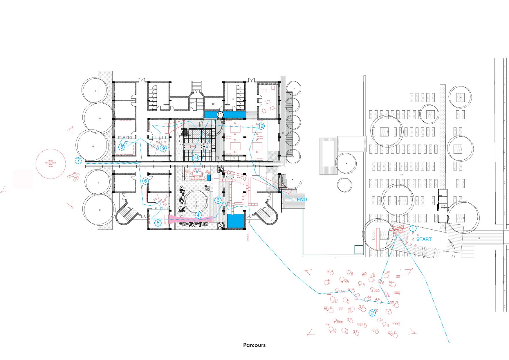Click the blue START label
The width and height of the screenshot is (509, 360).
424,240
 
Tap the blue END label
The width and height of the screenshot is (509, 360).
302,200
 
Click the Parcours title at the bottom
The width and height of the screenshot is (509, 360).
254,345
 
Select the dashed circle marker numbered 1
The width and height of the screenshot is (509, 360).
413,228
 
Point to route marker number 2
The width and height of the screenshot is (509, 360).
372,313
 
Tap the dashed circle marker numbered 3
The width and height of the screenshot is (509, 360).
218,200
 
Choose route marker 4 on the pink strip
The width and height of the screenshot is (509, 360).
198,215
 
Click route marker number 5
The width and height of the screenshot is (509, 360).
158,223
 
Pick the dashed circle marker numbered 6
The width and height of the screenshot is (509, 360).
145,181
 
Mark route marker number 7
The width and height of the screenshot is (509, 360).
78,161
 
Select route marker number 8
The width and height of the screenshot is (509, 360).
122,147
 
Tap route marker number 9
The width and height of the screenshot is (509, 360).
163,148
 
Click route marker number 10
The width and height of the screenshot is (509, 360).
195,158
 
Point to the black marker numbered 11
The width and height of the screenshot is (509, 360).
221,115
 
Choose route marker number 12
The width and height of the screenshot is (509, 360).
261,126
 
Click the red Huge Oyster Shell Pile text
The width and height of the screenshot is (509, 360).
51,163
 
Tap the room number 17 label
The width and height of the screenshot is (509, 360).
479,238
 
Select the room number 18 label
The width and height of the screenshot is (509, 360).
402,175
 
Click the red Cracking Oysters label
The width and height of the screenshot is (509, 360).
198,179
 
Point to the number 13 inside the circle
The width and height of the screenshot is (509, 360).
196,206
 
